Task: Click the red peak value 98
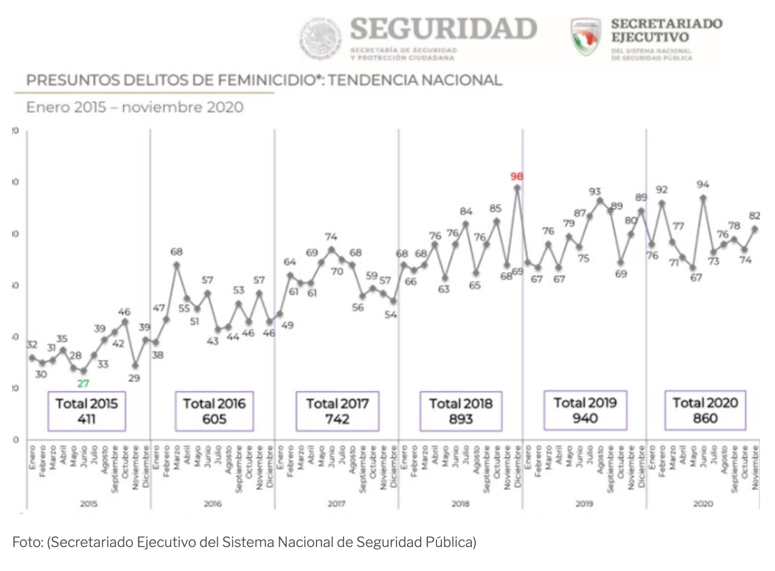click(516, 176)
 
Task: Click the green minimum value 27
click(83, 383)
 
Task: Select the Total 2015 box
click(86, 411)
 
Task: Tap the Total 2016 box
click(214, 411)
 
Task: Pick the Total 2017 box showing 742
click(337, 411)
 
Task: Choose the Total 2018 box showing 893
click(460, 411)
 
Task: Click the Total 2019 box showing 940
click(585, 410)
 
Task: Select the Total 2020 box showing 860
click(705, 410)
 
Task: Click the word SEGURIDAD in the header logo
click(443, 28)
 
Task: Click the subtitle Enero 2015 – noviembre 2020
click(135, 107)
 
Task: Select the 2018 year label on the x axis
click(460, 504)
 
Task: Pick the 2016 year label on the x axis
click(212, 504)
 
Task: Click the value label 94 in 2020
click(703, 185)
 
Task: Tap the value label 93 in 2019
click(595, 192)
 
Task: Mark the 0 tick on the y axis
click(15, 440)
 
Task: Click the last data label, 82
click(755, 216)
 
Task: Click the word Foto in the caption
click(27, 542)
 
